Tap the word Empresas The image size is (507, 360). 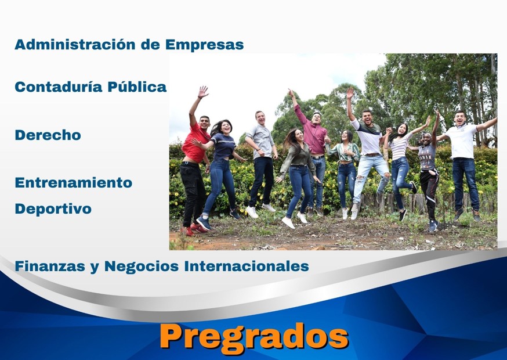click(x=204, y=45)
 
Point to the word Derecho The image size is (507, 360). click(x=48, y=135)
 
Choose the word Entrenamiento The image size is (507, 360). click(x=73, y=183)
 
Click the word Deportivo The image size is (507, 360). click(x=53, y=209)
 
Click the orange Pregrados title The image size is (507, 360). click(x=253, y=337)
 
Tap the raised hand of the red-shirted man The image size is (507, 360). click(x=202, y=91)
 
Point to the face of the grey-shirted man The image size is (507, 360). click(x=260, y=118)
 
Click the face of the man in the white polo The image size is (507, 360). click(x=460, y=118)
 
